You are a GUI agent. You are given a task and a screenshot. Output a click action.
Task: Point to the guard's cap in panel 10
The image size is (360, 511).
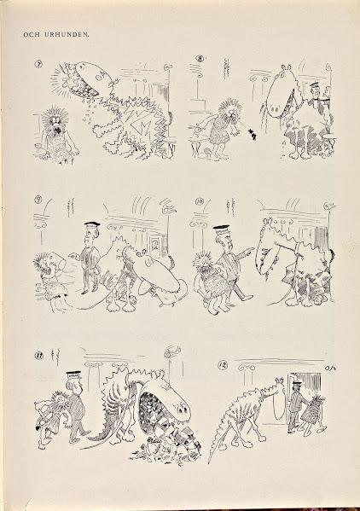point(223,229)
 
